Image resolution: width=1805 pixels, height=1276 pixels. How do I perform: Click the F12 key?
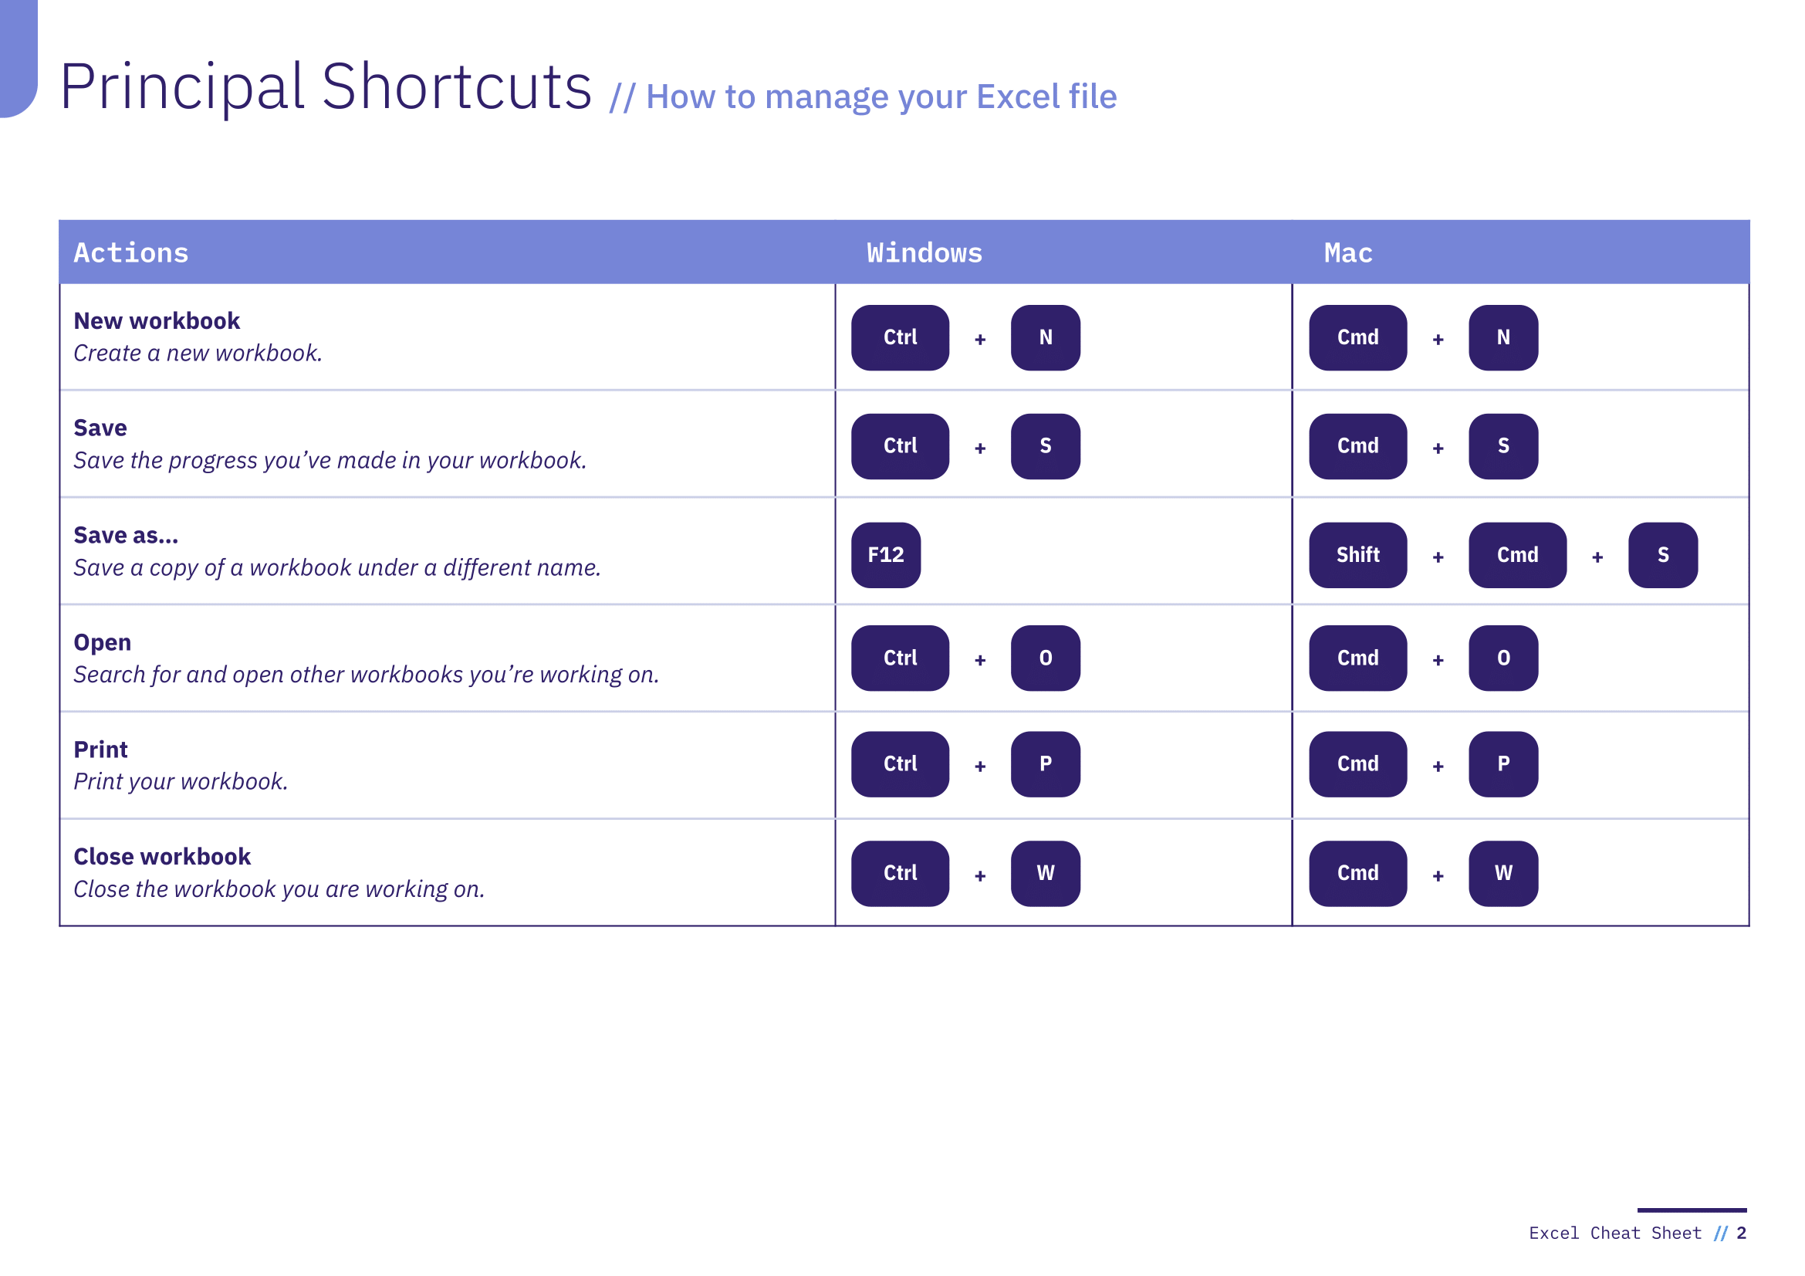pos(886,555)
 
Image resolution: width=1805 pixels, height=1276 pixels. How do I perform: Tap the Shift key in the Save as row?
pos(1357,555)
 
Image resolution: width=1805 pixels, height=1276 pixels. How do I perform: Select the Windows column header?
pos(924,253)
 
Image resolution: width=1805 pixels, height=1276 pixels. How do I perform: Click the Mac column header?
pos(1348,253)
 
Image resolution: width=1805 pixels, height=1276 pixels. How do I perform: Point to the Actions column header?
pos(131,253)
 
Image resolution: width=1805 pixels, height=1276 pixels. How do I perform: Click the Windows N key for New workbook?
pos(1046,337)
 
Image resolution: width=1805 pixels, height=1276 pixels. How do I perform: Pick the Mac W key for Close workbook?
pos(1503,874)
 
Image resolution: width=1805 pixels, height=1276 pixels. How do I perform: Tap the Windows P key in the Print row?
pos(1046,764)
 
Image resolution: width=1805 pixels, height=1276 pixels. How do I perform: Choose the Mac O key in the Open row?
pos(1503,658)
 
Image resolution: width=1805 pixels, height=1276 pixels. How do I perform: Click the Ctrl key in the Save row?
pos(900,446)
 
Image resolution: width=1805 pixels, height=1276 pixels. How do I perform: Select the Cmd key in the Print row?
pos(1357,764)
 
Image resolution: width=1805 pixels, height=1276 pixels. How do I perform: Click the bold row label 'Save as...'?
pos(126,536)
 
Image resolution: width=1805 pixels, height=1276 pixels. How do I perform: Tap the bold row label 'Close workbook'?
pos(162,856)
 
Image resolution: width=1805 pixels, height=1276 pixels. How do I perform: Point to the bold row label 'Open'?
pos(102,643)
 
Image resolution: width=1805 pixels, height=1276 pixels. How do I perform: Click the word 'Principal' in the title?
pos(182,86)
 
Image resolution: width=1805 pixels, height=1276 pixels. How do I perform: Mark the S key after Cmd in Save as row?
pos(1663,555)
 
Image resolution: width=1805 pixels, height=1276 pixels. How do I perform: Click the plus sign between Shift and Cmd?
pos(1438,557)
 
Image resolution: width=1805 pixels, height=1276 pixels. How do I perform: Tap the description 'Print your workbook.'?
pos(181,781)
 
